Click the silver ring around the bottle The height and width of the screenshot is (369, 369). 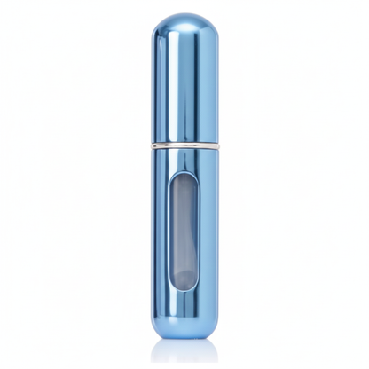point(184,144)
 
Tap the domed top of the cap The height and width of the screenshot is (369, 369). point(184,21)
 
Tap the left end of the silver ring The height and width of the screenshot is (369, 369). point(153,144)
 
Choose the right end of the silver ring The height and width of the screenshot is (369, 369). point(216,144)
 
